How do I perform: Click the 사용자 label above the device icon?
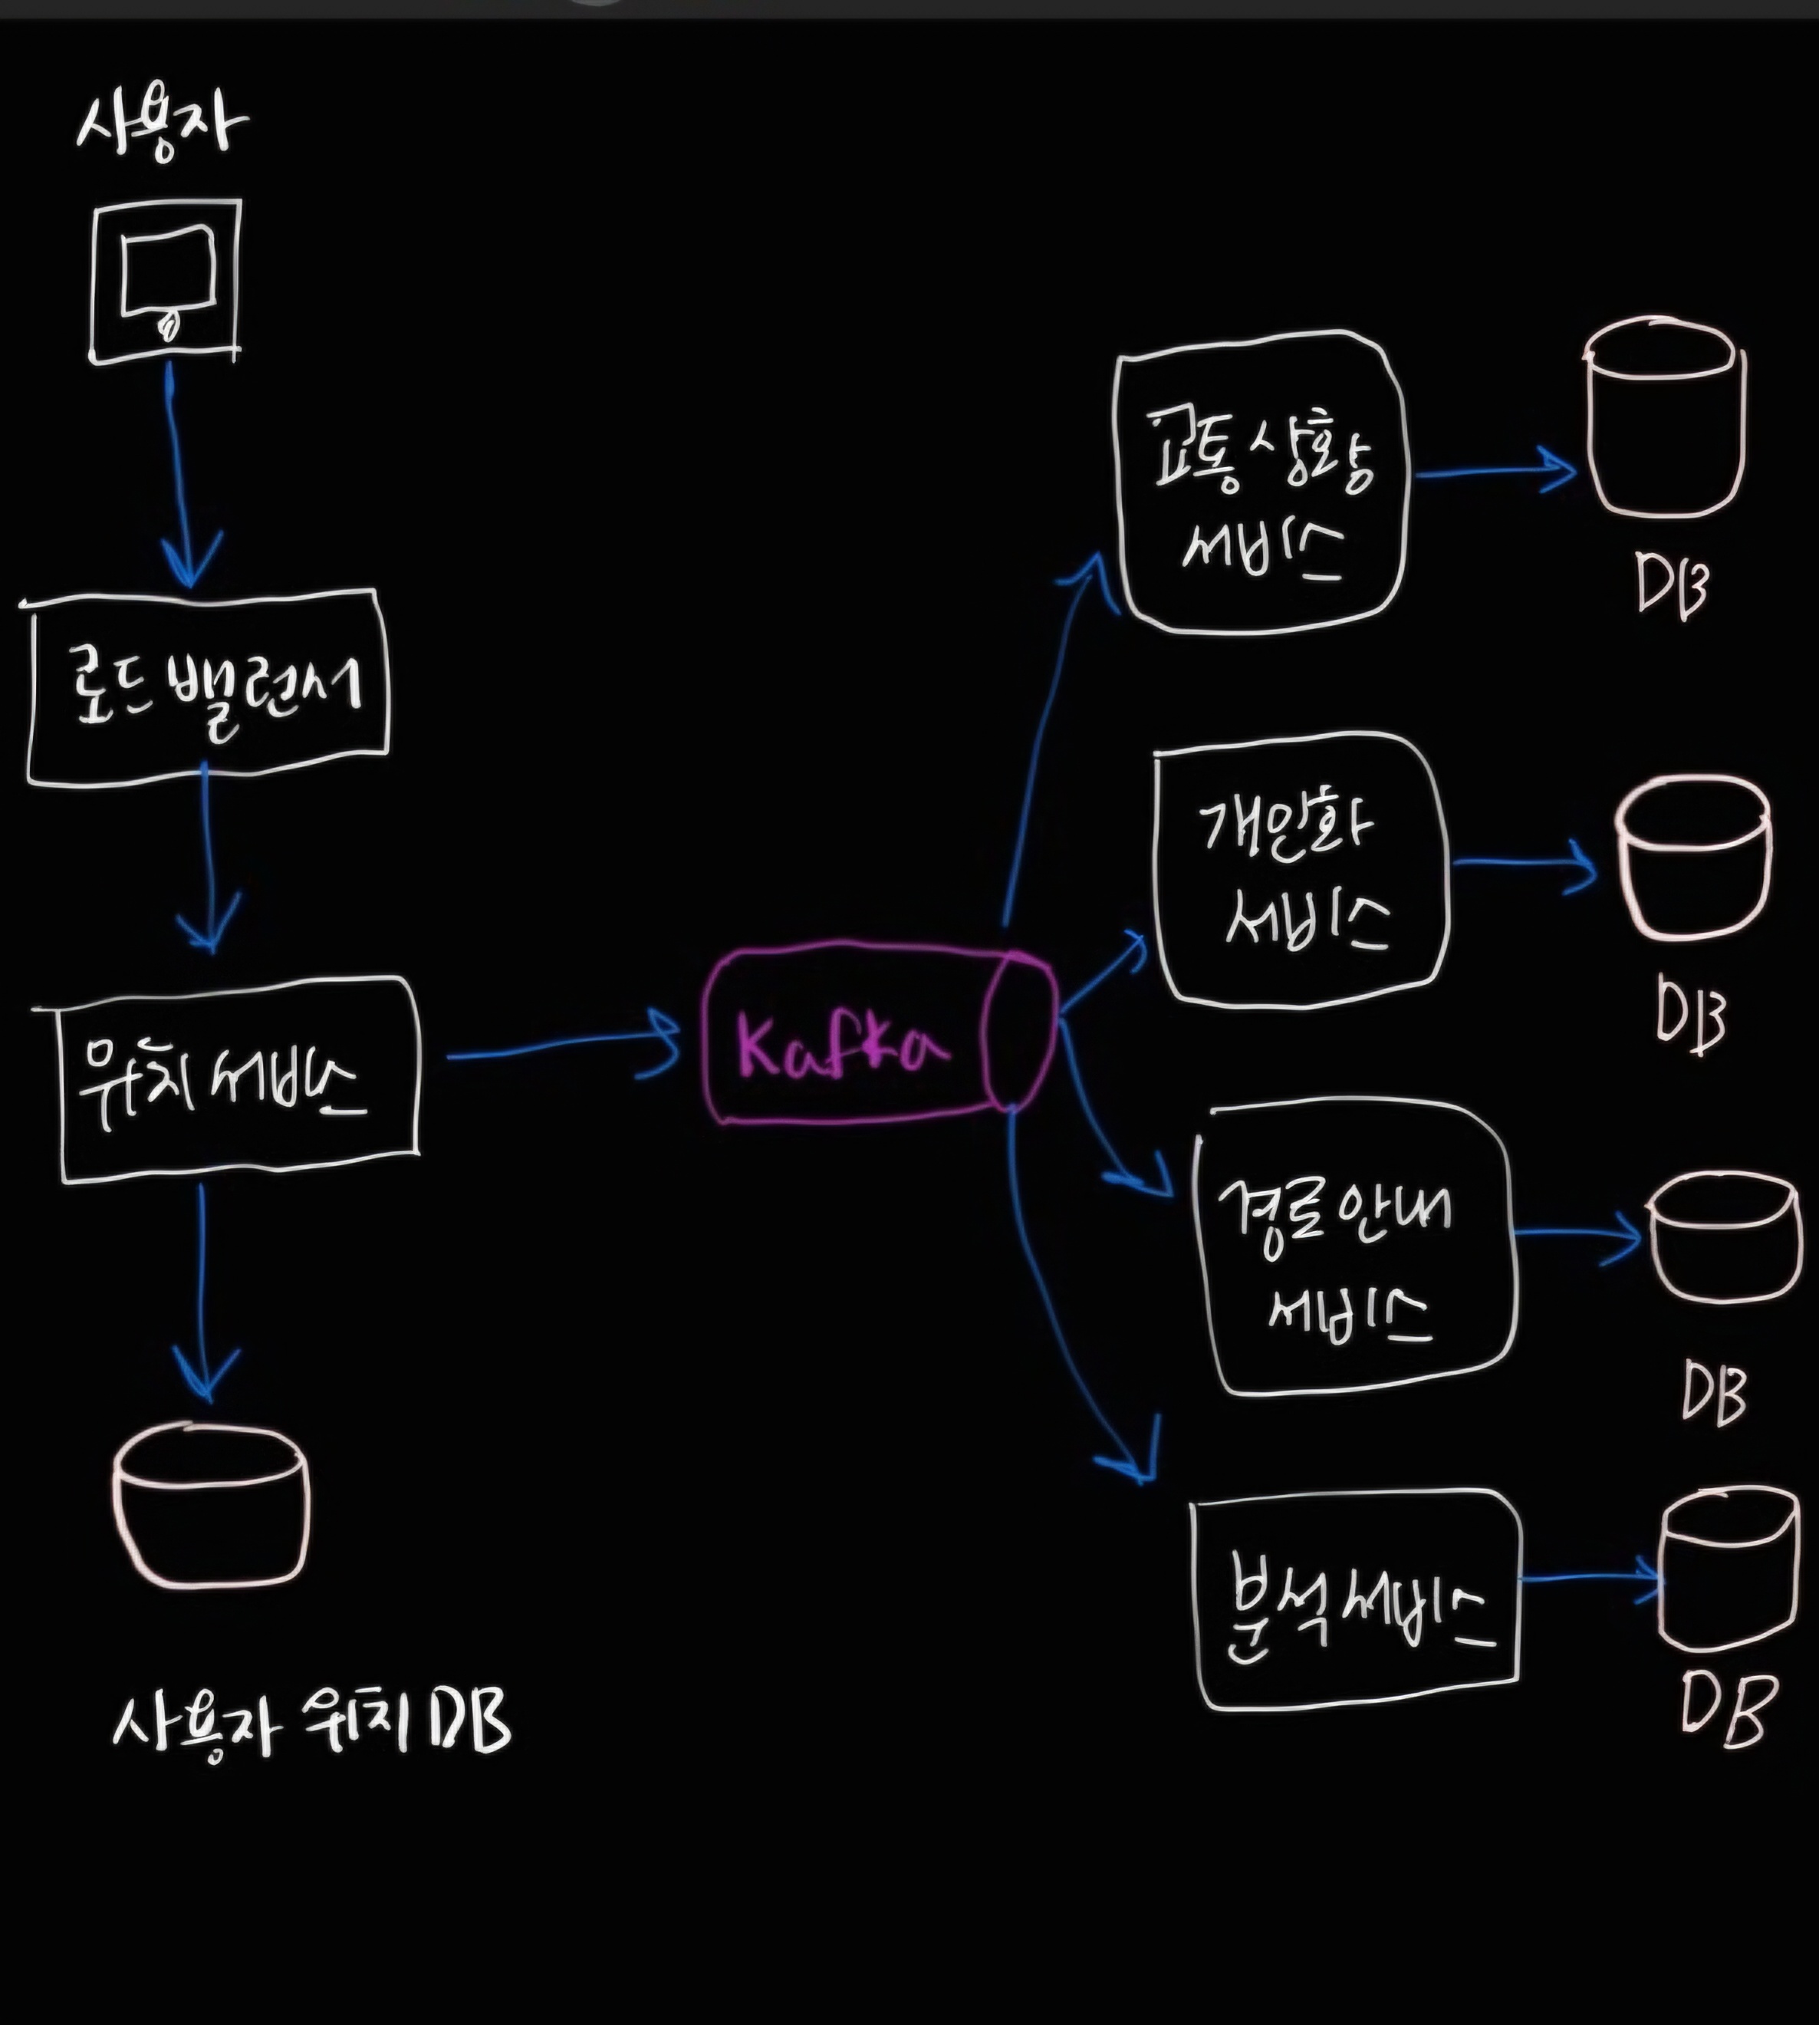pyautogui.click(x=161, y=126)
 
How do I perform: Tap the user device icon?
pyautogui.click(x=166, y=281)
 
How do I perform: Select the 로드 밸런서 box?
pyautogui.click(x=207, y=688)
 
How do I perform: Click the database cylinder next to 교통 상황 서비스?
pyautogui.click(x=1664, y=420)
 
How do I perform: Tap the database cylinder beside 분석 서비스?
pyautogui.click(x=1727, y=1570)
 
